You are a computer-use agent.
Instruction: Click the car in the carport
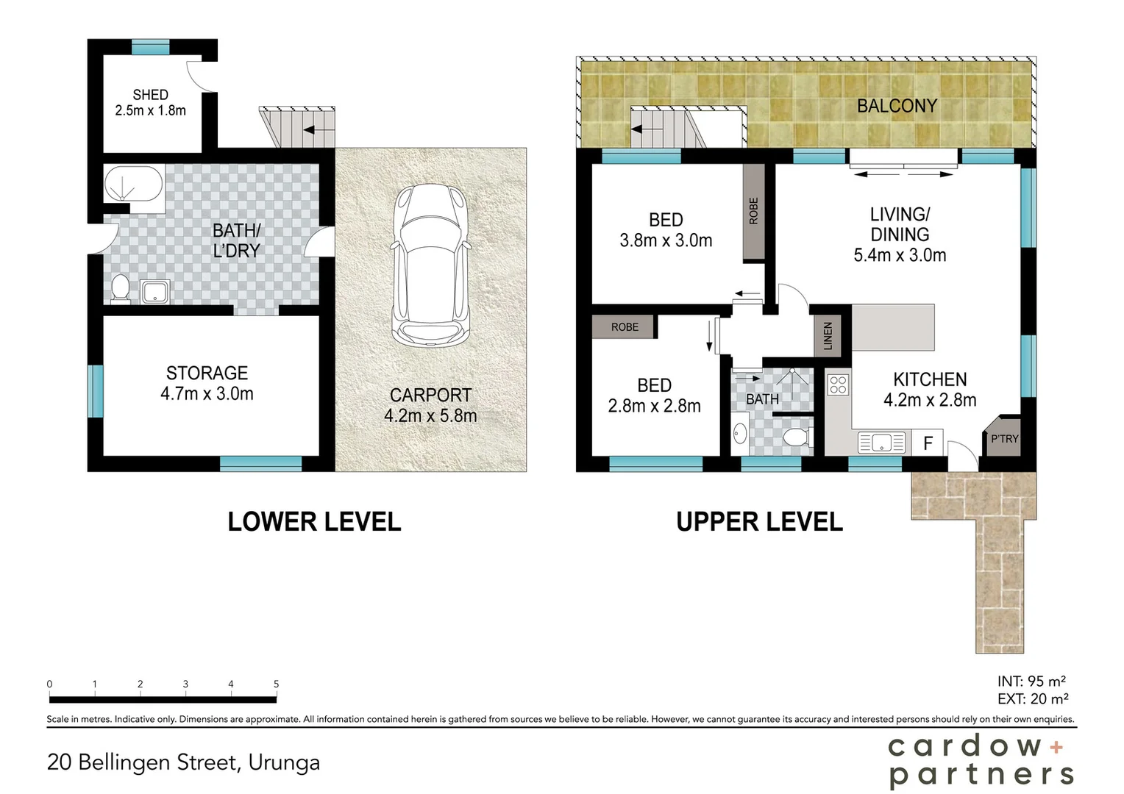pyautogui.click(x=430, y=265)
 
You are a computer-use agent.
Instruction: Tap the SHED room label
pyautogui.click(x=150, y=95)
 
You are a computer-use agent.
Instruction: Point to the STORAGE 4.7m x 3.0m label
pyautogui.click(x=207, y=383)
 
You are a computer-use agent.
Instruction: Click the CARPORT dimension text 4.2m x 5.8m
pyautogui.click(x=430, y=416)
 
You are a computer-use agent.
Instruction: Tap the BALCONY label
pyautogui.click(x=897, y=106)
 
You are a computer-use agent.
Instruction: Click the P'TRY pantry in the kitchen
pyautogui.click(x=1003, y=438)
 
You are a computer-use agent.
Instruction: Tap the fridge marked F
pyautogui.click(x=928, y=443)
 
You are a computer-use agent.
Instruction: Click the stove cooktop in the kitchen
pyautogui.click(x=838, y=385)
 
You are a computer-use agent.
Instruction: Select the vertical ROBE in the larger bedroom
pyautogui.click(x=753, y=211)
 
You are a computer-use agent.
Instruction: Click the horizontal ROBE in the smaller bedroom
pyautogui.click(x=625, y=327)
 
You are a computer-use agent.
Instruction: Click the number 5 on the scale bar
pyautogui.click(x=277, y=684)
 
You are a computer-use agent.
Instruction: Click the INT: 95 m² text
pyautogui.click(x=1031, y=682)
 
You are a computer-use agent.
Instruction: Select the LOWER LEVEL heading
pyautogui.click(x=314, y=522)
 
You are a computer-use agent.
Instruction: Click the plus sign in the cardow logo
pyautogui.click(x=1056, y=748)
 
